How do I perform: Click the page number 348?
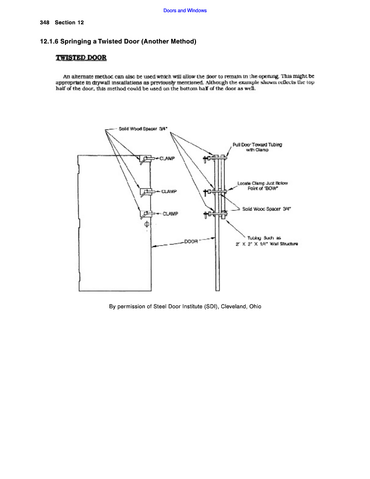coord(44,22)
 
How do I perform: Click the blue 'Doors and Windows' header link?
coord(185,10)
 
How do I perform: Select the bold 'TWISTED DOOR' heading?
coord(81,58)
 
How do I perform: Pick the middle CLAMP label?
coord(169,191)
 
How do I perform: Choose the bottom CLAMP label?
coord(171,214)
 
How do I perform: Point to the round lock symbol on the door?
coord(146,225)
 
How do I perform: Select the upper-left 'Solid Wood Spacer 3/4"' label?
coord(141,129)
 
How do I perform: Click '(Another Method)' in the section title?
coord(169,42)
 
